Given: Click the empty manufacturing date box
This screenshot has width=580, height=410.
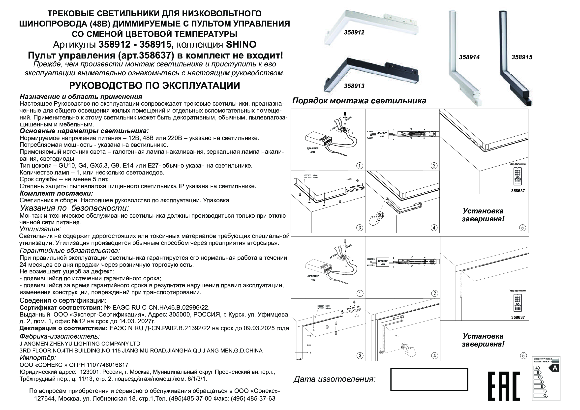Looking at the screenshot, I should (429, 383).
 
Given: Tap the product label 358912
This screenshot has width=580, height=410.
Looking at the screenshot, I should (354, 32).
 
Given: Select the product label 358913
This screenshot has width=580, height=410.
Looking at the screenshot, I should (354, 86).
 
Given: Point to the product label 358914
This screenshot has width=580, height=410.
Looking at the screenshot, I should (469, 57).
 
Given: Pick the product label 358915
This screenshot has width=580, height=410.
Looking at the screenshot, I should (522, 57).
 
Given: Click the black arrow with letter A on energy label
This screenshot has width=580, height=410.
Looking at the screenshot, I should (554, 368).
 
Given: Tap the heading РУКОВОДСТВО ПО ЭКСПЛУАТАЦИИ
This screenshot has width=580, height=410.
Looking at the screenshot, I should (154, 86).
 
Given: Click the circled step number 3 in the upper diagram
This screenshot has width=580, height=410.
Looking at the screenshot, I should (360, 228).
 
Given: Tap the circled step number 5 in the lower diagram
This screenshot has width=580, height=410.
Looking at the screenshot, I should (523, 355).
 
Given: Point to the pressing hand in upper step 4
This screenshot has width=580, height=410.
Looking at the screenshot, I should (376, 219).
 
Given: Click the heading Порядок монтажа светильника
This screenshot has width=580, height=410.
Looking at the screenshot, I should (359, 101).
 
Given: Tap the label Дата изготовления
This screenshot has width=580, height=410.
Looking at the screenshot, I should (334, 379).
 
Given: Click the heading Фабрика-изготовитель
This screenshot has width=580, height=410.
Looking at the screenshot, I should (60, 337).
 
